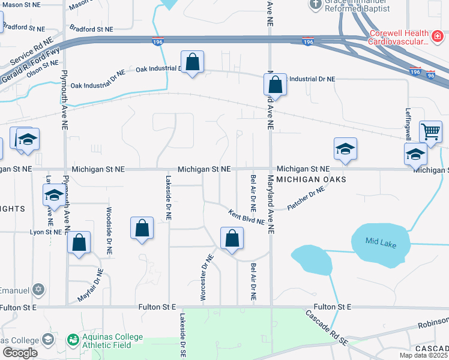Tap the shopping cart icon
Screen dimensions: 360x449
(x=430, y=131)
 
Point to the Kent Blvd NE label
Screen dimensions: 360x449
(x=246, y=217)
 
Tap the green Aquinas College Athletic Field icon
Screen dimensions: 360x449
(x=73, y=340)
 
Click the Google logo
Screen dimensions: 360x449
(x=19, y=353)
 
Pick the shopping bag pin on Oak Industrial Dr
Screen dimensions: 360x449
(x=192, y=62)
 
